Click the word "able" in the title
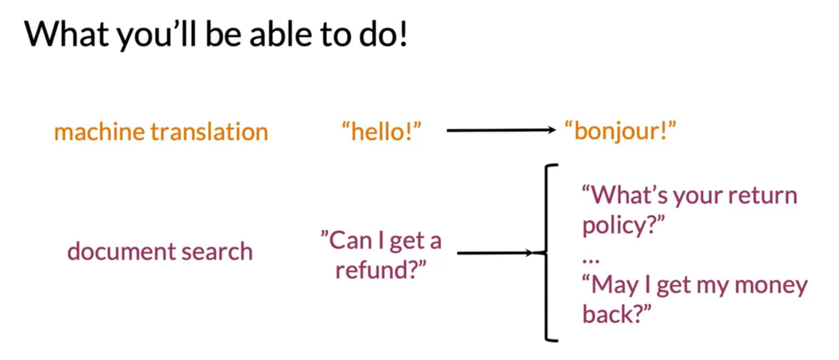point(281,34)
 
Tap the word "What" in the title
point(66,34)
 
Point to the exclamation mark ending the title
point(403,34)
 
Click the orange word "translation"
point(209,132)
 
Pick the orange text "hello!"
point(382,131)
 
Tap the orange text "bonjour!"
point(620,131)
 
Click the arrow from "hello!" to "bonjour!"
point(501,130)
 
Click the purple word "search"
point(217,251)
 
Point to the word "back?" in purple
point(617,314)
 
